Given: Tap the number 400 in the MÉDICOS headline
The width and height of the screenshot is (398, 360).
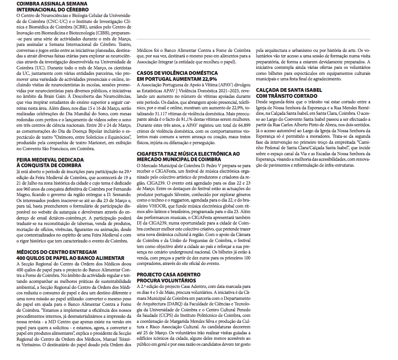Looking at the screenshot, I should (x=23, y=258).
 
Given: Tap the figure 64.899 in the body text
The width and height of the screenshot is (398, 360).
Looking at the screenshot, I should (x=240, y=124).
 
